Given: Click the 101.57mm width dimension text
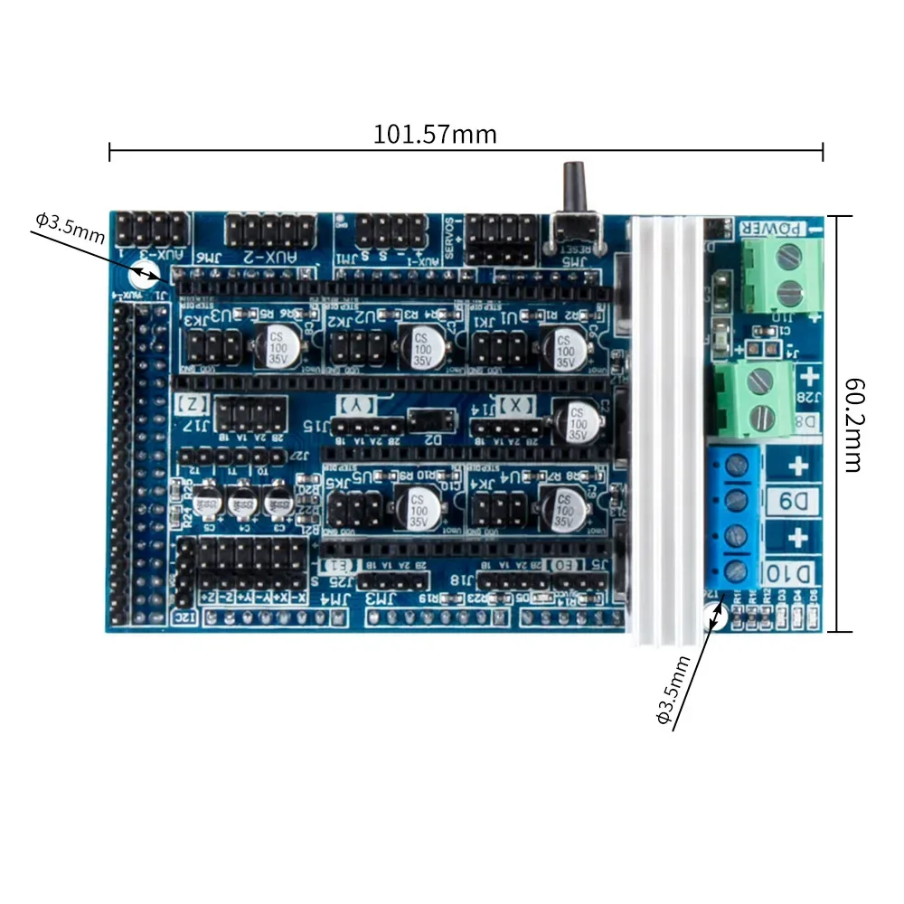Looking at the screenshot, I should (x=435, y=135).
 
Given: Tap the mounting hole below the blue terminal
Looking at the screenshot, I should (x=711, y=618).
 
